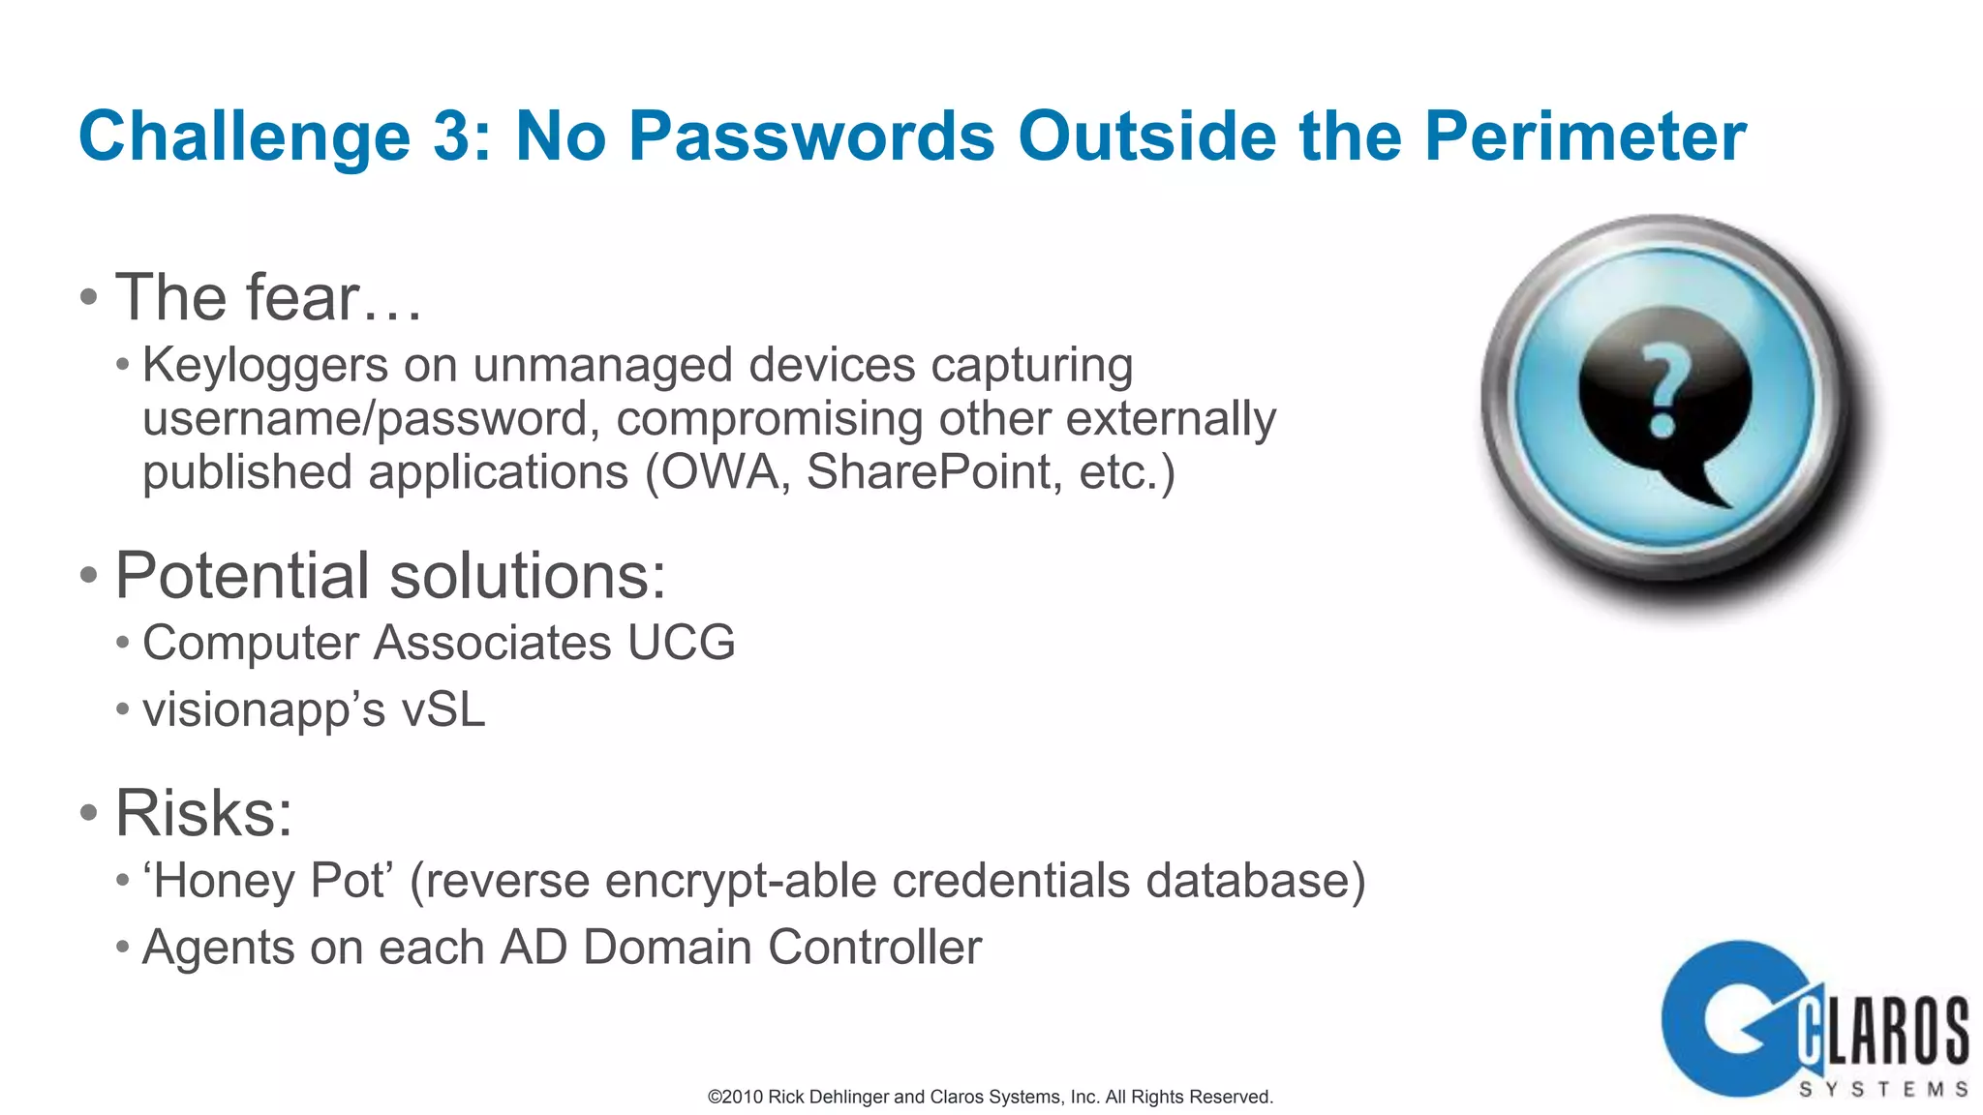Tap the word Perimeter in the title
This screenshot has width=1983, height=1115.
coord(1585,136)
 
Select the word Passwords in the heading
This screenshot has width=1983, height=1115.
coord(811,136)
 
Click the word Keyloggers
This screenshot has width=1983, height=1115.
coord(265,366)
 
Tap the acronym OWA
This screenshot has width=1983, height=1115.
coord(718,472)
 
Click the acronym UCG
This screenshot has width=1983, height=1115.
coord(682,643)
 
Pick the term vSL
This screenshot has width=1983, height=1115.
coord(442,709)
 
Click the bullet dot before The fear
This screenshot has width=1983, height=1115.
coord(89,297)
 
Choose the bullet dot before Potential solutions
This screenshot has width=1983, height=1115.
coord(89,576)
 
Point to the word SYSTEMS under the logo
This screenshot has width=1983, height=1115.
coord(1882,1090)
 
